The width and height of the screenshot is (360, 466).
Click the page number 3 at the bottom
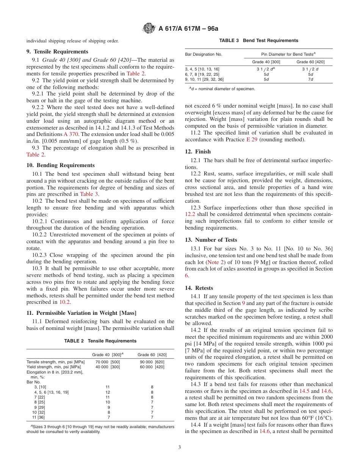click(180, 447)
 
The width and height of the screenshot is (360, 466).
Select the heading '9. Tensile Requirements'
click(57, 52)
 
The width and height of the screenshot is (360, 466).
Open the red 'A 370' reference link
click(71, 134)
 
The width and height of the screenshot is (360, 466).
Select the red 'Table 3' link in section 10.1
click(89, 194)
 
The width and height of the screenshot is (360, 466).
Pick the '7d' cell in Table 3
click(310, 80)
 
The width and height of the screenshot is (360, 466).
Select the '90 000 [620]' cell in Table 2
click(152, 362)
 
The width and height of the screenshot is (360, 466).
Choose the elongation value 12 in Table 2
click(108, 392)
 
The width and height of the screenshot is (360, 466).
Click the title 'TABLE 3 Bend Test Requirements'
click(259, 41)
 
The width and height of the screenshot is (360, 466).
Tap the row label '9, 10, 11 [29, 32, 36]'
click(204, 80)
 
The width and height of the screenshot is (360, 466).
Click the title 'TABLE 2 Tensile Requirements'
click(100, 341)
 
